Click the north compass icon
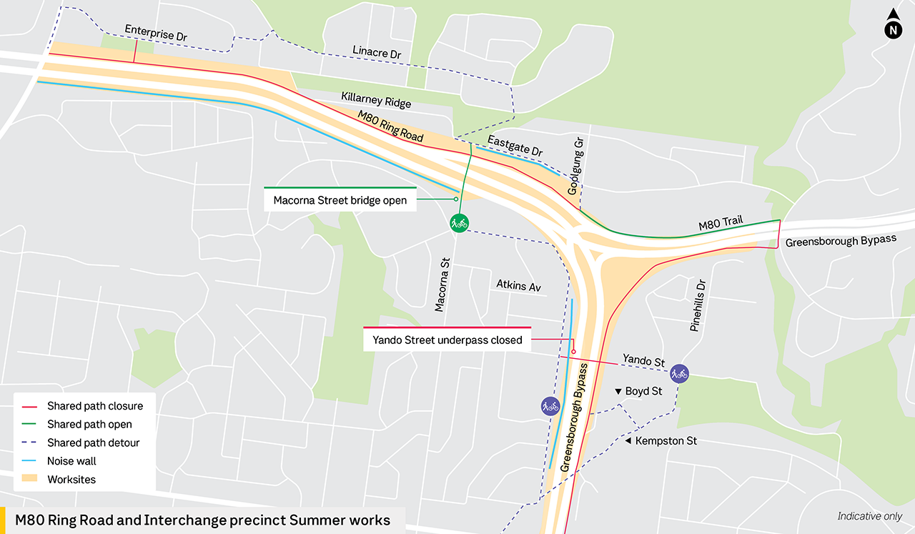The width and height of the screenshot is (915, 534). [x=893, y=26]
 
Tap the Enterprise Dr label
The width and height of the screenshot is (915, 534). [x=156, y=34]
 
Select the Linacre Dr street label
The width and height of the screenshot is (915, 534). [x=377, y=52]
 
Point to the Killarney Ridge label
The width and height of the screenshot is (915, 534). [x=376, y=100]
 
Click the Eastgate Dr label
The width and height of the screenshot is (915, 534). [x=515, y=145]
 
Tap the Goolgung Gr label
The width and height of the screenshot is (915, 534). [x=575, y=167]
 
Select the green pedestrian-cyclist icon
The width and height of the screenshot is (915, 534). [x=459, y=224]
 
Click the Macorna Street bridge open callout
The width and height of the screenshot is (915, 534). [x=340, y=200]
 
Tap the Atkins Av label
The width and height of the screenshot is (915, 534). [x=519, y=286]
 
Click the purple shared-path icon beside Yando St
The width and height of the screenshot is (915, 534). [x=679, y=372]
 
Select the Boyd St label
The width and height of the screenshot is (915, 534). [x=643, y=391]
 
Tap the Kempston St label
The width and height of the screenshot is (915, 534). [x=666, y=441]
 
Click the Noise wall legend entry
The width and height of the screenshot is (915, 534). [x=71, y=461]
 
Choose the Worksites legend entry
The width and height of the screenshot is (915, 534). [x=71, y=480]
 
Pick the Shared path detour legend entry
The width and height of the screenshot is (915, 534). [x=93, y=442]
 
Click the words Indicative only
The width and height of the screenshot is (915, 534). [x=869, y=516]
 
